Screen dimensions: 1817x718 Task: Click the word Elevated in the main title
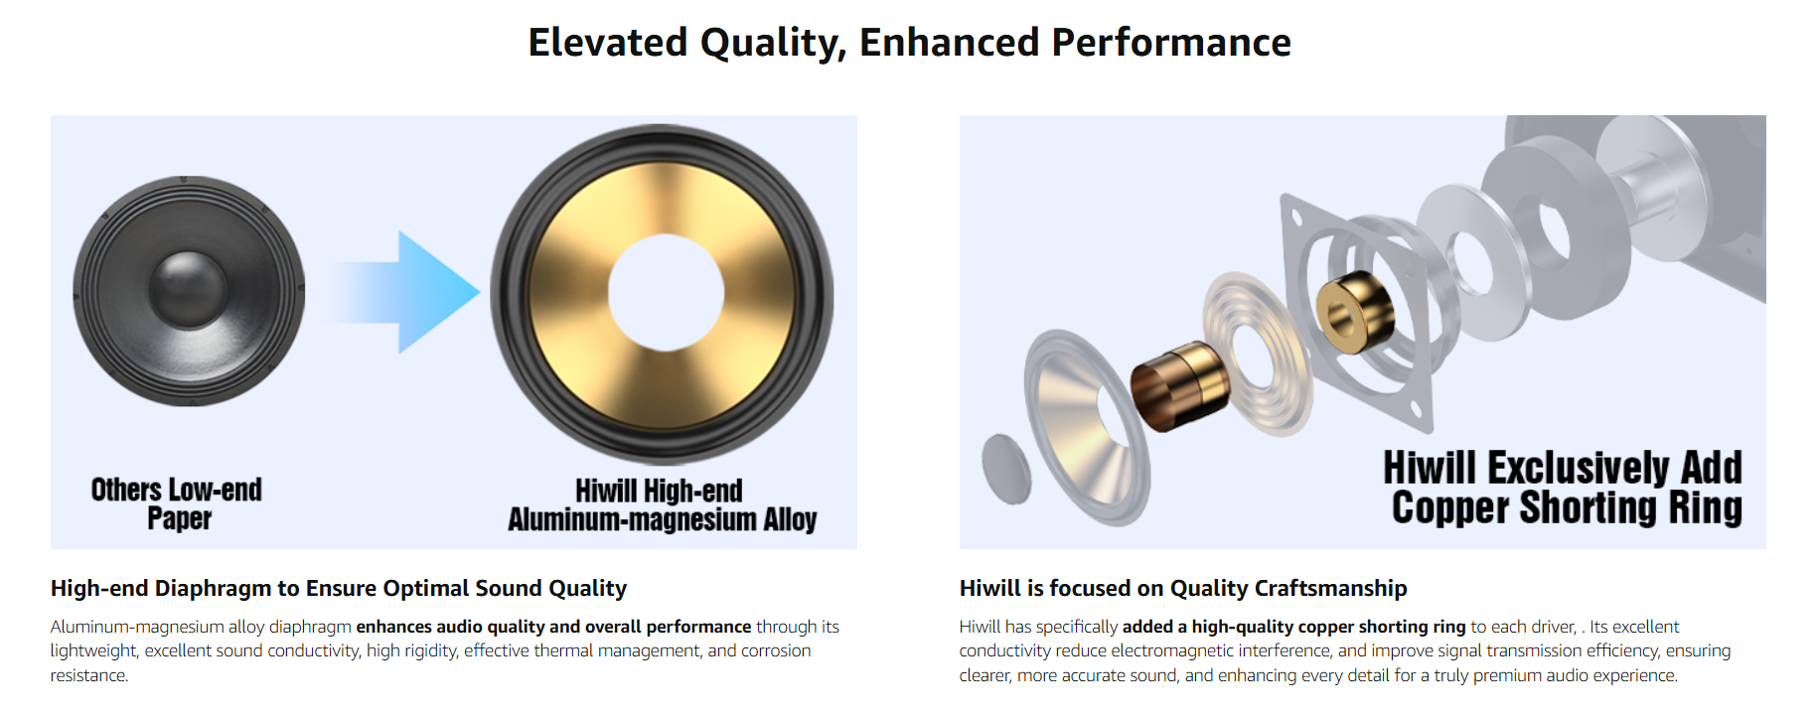[x=608, y=43]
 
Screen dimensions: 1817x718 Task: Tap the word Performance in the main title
[x=1171, y=43]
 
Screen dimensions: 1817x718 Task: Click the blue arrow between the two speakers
[x=402, y=292]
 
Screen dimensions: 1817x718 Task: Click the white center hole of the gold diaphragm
[x=666, y=293]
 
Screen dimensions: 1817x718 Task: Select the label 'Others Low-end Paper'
[x=177, y=503]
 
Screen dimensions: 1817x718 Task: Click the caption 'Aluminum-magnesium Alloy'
[x=663, y=519]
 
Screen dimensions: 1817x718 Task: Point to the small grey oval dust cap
[x=1006, y=469]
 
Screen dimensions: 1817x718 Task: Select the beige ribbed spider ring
[x=1258, y=355]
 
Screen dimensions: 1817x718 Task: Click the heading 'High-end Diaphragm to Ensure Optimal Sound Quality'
[x=339, y=589]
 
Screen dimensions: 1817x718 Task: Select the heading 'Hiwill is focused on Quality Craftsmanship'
[x=1183, y=589]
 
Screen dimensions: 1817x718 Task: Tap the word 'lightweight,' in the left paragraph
[x=95, y=651]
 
